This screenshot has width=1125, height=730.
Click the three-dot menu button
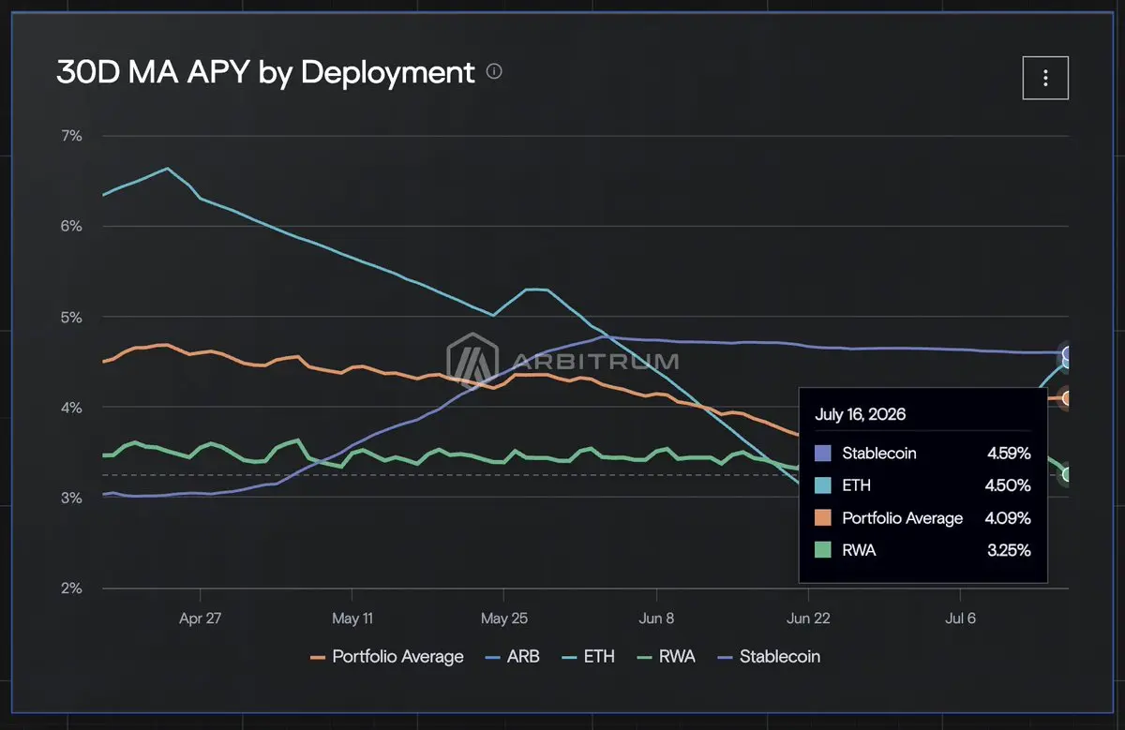1045,78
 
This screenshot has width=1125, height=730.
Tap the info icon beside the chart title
494,72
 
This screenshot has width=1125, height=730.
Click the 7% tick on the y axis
71,136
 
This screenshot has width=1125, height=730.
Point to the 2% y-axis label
71,588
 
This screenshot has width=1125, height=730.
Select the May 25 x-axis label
503,618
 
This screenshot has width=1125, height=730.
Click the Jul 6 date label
960,618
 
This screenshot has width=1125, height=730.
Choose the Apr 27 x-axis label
200,618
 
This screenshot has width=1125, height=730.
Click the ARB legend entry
513,657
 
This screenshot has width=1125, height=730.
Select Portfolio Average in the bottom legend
386,657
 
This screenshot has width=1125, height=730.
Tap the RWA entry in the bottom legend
666,657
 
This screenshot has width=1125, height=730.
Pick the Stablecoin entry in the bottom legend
769,657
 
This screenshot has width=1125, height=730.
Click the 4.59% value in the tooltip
1009,454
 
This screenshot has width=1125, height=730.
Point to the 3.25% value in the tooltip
1009,550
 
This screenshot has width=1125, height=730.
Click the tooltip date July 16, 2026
860,414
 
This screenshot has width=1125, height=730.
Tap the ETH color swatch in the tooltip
823,485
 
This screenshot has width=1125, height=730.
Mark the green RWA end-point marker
1066,474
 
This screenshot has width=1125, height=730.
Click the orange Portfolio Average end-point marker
1066,398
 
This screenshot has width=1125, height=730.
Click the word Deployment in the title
387,73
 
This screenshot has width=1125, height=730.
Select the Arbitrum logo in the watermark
472,361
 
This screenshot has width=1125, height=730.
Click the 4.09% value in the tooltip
1008,518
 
